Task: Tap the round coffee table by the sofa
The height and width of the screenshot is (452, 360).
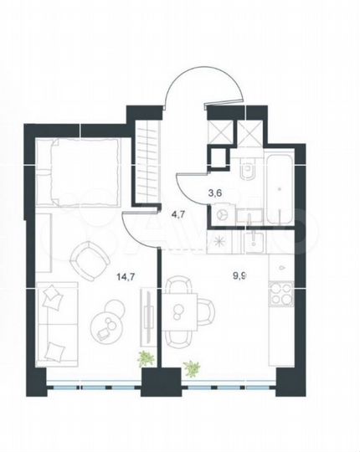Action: pyautogui.click(x=106, y=321)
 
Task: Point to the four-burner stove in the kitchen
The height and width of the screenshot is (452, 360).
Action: pyautogui.click(x=280, y=295)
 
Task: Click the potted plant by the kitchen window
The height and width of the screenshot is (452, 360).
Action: pyautogui.click(x=193, y=367)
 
